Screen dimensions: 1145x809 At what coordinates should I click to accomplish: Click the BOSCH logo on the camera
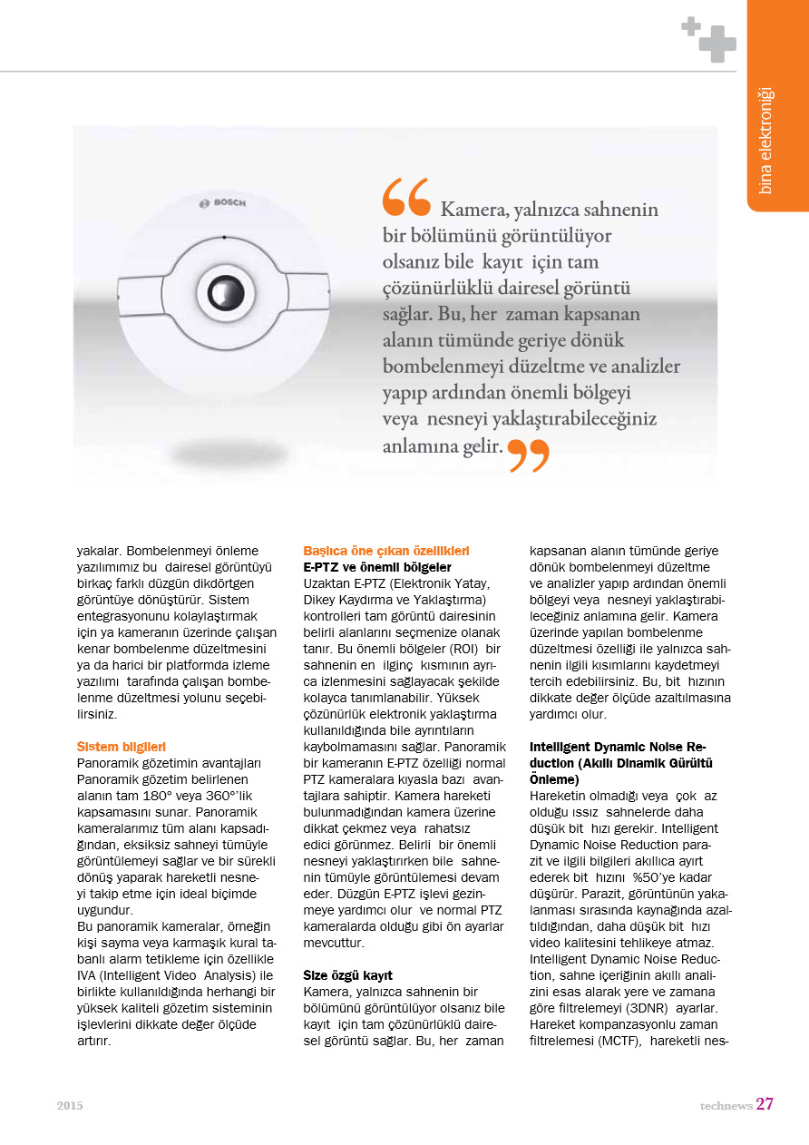(222, 202)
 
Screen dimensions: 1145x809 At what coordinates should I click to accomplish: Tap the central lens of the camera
(222, 291)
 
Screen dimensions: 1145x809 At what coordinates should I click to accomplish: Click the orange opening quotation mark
(405, 196)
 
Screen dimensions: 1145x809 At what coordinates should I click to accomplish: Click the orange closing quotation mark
(528, 455)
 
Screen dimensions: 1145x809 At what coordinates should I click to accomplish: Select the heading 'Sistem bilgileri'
(121, 747)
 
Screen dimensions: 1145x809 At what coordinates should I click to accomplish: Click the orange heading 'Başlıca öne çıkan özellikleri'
(385, 551)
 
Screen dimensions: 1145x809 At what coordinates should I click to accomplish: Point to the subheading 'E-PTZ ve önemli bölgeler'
(376, 567)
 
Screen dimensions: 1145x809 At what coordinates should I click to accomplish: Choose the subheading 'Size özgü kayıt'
(347, 975)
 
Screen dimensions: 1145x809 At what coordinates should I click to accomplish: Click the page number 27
(765, 1104)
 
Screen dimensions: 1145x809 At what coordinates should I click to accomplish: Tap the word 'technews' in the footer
(726, 1106)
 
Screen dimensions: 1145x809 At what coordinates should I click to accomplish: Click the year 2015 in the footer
(70, 1106)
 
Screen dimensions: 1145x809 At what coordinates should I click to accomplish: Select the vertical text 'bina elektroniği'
(765, 140)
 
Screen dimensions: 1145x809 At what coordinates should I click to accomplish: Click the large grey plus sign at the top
(717, 44)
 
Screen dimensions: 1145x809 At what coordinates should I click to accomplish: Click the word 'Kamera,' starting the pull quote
(474, 210)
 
